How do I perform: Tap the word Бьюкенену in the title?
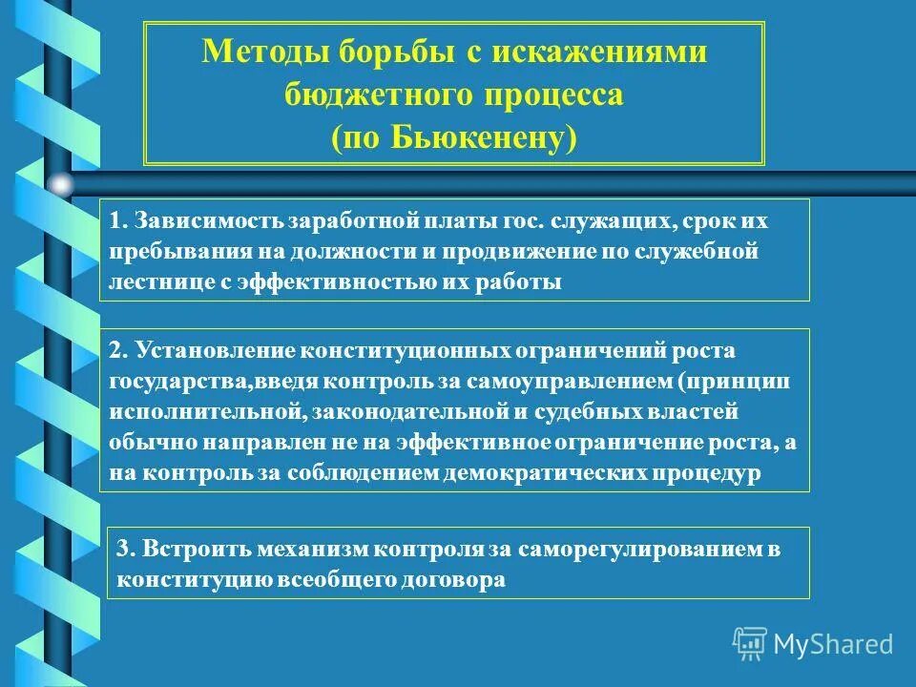click(464, 136)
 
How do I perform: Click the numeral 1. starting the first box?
click(118, 221)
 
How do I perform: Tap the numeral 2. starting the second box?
click(118, 350)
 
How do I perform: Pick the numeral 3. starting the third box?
click(126, 550)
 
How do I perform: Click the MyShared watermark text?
click(833, 643)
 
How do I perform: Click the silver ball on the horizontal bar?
click(59, 183)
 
